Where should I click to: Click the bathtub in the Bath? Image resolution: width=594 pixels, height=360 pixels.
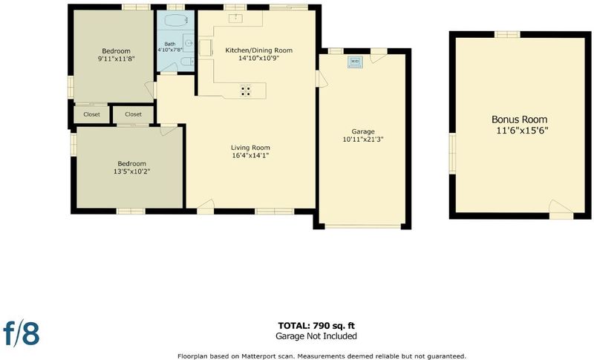pos(175,20)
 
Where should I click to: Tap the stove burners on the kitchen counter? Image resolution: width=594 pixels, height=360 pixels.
pos(246,90)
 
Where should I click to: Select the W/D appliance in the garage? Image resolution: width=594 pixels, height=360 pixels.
pos(355,62)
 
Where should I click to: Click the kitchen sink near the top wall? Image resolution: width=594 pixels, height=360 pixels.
pos(236,17)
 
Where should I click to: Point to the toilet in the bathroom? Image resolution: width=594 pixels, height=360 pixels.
pos(187,62)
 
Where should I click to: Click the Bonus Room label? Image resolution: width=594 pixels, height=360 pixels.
pos(519,120)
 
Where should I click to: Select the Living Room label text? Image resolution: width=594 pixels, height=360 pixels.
pos(250,148)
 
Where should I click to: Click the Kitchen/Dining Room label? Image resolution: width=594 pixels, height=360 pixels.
pos(258,50)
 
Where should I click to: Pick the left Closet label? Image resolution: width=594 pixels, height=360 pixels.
pos(91,114)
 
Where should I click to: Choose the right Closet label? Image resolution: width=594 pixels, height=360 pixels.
pos(134,114)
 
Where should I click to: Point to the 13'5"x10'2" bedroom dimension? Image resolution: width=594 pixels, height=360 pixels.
pos(132,171)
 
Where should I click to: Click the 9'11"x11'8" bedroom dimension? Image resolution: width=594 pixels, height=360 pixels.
pos(117,59)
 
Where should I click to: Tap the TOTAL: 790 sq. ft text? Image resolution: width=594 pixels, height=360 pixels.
pos(316,326)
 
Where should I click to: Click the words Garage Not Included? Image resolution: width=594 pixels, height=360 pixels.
pos(316,336)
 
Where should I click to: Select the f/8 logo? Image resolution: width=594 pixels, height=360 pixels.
pos(22,333)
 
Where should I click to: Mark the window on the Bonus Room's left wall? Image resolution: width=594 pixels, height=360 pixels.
pos(452,154)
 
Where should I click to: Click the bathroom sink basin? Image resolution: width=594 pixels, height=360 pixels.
pos(189,43)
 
